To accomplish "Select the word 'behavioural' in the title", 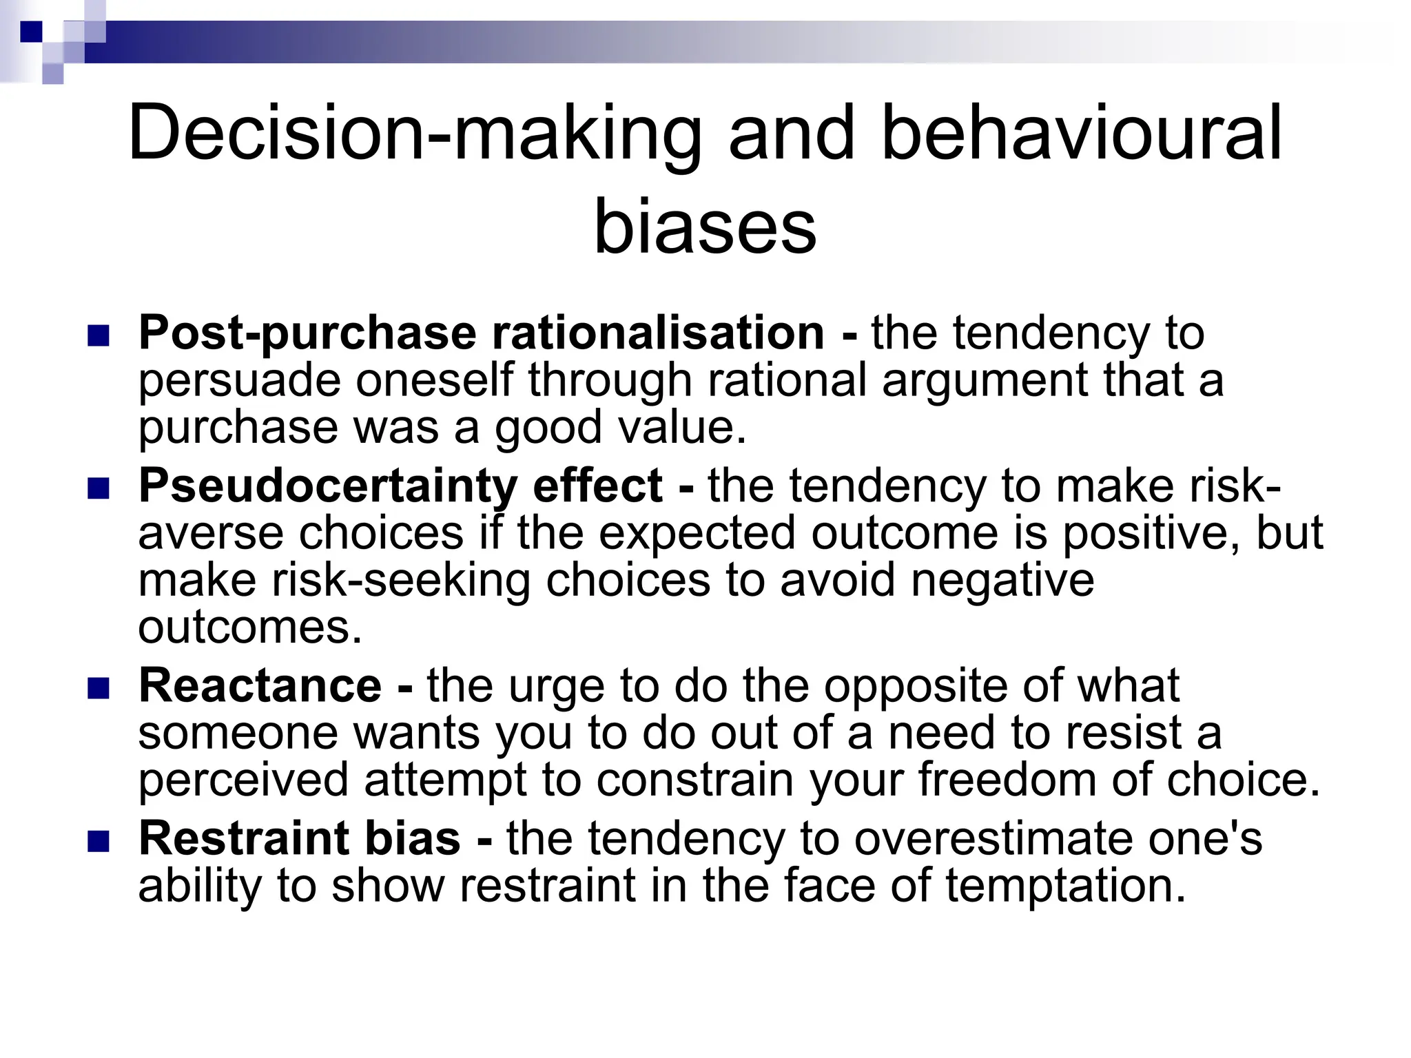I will [1082, 132].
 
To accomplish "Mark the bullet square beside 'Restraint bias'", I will [99, 841].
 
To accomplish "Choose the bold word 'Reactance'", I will [260, 686].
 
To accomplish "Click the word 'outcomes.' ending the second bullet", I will [250, 627].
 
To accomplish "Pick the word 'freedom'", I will [1007, 780].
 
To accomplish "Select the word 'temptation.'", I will [1065, 886].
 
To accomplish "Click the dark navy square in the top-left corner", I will [30, 31].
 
